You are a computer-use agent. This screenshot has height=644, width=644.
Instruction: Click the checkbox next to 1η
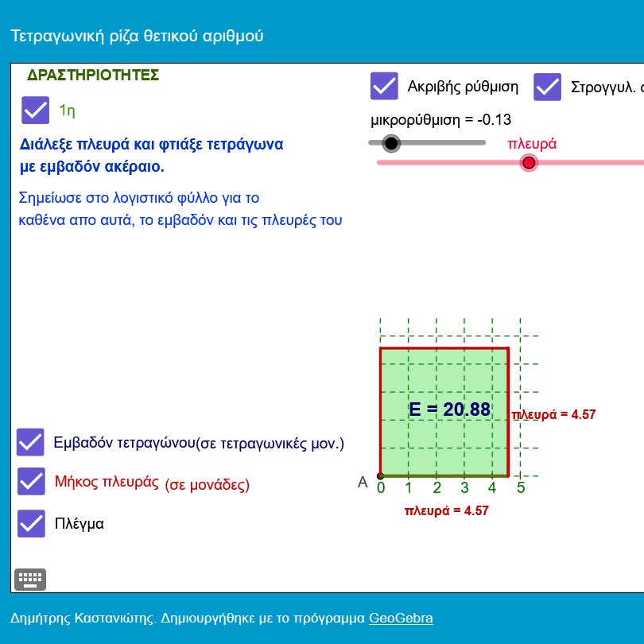point(35,110)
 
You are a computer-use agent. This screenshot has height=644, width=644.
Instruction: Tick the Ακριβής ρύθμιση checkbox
point(384,86)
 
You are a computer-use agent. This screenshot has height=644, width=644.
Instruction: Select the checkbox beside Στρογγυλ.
point(547,87)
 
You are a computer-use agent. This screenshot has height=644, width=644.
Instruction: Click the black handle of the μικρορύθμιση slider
point(391,143)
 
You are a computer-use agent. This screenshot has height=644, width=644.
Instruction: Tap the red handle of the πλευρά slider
point(529,163)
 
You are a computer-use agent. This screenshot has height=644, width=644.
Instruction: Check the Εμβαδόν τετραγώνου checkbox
point(30,442)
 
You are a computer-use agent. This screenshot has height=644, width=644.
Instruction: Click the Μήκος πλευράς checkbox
point(31,481)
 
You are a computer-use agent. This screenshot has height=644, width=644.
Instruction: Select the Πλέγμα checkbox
point(31,524)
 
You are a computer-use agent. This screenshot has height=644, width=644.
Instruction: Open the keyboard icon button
point(30,580)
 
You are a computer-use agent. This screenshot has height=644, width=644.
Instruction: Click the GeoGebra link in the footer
point(401,618)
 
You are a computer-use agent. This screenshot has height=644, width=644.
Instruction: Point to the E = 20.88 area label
point(450,409)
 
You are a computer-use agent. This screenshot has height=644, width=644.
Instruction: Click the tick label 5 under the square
point(521,487)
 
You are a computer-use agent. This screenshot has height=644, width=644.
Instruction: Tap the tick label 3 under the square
point(464,487)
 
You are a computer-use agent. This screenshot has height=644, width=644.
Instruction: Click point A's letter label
point(363,482)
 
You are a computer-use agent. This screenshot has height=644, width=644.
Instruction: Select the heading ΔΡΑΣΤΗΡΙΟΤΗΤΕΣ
point(93,76)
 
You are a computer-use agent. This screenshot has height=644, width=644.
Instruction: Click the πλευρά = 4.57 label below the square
point(447,510)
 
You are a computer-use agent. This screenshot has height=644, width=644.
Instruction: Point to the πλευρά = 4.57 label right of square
point(553,414)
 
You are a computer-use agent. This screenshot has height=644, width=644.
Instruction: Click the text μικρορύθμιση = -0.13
point(440,120)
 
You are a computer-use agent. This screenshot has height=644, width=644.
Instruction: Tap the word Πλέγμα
point(80,524)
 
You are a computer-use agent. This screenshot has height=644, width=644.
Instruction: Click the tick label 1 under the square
point(408,487)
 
